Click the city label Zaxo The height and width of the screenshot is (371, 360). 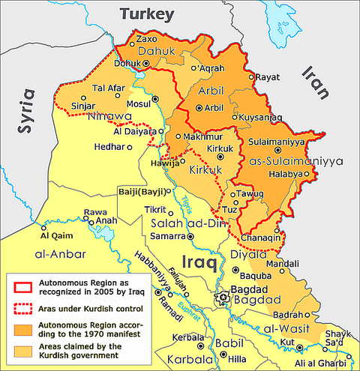coord(148,38)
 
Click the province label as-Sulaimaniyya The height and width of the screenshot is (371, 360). coord(295,161)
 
